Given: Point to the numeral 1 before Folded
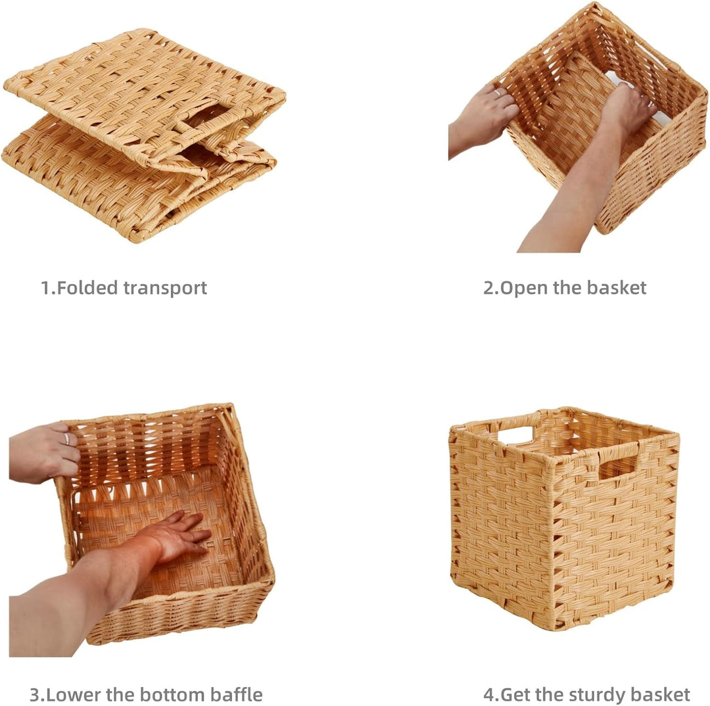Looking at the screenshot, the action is (46, 287).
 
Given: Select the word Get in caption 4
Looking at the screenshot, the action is (516, 695).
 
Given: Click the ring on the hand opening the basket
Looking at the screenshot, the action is (498, 93).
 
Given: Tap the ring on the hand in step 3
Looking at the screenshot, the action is (66, 438).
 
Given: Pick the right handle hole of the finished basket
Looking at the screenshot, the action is (617, 467).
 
